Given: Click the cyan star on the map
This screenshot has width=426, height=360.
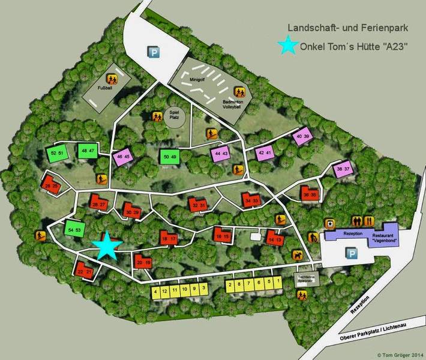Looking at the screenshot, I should click(x=107, y=245).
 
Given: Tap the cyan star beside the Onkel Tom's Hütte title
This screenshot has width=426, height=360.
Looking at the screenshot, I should click(x=289, y=46).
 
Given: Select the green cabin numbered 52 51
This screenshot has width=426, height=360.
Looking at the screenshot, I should click(x=58, y=152).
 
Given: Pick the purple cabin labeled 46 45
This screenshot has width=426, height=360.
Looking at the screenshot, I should click(x=123, y=157).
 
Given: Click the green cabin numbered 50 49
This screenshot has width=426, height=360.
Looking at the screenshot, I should click(x=170, y=157).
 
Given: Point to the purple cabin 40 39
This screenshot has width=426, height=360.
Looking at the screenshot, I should click(x=303, y=137).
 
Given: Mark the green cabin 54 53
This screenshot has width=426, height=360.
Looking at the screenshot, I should click(x=74, y=229).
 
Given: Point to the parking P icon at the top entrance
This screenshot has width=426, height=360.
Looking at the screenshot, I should click(x=154, y=53).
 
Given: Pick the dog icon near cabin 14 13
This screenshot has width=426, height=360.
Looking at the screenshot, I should click(x=298, y=256).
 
